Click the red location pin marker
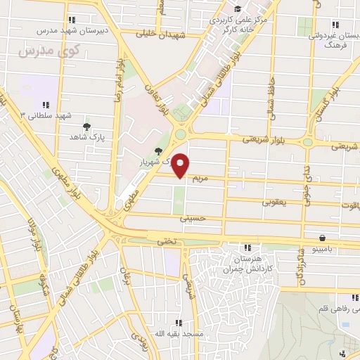[181, 165]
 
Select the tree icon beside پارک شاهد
[86, 127]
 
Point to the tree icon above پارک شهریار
[159, 151]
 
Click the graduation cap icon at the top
[238, 8]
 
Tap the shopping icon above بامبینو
[321, 238]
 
